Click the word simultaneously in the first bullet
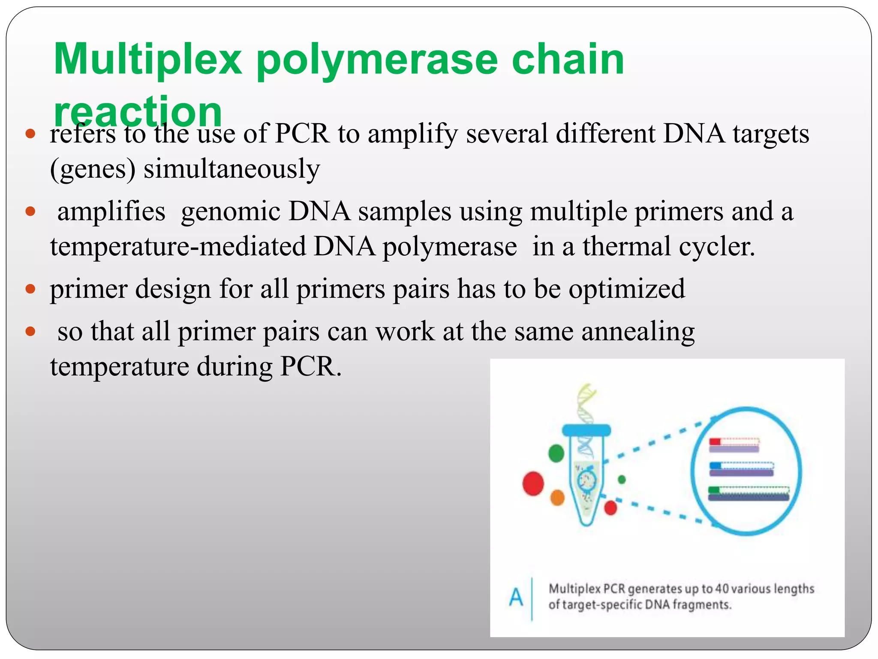point(232,169)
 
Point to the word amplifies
point(111,212)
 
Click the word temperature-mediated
point(178,247)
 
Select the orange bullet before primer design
point(30,289)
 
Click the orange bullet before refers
point(30,133)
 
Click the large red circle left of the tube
point(533,484)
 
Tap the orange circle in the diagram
point(557,498)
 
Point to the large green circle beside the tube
point(556,453)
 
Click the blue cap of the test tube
point(586,429)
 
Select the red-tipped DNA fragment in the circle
point(734,445)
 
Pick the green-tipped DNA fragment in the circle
point(748,493)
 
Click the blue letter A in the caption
point(516,597)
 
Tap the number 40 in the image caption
point(722,589)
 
